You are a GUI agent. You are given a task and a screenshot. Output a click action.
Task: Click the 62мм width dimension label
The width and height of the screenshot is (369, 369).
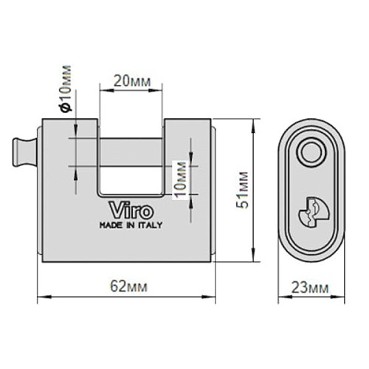click(128, 286)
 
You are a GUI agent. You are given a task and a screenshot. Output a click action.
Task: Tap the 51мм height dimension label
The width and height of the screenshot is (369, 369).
click(242, 190)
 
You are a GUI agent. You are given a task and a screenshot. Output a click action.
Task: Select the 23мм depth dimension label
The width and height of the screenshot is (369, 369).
click(310, 287)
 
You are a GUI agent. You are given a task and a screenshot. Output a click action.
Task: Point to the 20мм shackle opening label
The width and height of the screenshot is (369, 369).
click(132, 81)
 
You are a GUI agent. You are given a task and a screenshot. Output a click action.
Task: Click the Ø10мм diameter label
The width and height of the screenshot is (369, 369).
click(66, 89)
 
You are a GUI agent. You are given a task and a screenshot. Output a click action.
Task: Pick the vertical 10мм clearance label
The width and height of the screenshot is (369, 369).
click(180, 179)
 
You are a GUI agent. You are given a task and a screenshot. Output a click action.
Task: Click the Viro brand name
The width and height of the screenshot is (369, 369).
click(131, 210)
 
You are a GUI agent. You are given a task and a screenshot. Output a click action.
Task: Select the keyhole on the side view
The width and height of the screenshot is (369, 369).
click(314, 212)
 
